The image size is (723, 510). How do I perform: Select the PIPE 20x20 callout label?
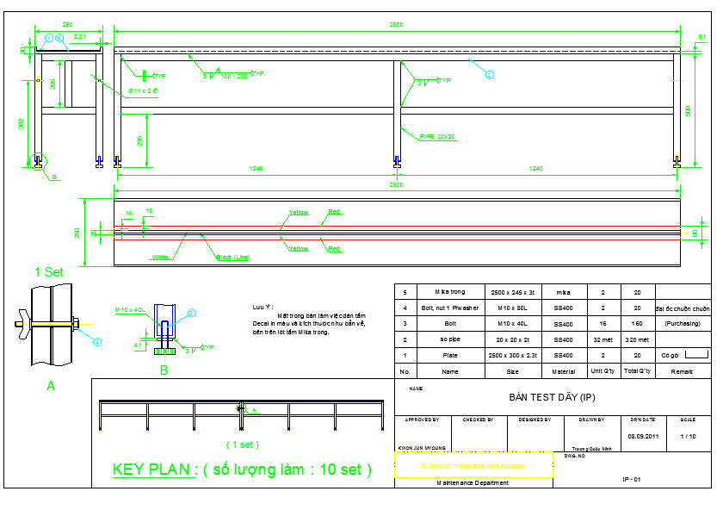(438, 136)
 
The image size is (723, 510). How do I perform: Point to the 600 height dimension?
(688, 110)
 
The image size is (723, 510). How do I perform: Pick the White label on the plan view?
(160, 257)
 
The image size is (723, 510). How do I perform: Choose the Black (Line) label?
(232, 257)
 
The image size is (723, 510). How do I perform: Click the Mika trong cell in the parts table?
(449, 293)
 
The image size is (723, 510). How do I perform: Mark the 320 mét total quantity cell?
(637, 339)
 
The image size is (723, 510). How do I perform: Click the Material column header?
(563, 371)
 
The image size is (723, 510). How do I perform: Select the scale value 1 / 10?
(688, 436)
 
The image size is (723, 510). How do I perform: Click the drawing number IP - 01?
(632, 478)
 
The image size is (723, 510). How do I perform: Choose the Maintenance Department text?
(471, 482)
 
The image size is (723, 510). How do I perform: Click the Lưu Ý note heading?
(262, 307)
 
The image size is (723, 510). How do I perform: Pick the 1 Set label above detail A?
(49, 271)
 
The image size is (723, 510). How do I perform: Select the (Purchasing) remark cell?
(683, 324)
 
